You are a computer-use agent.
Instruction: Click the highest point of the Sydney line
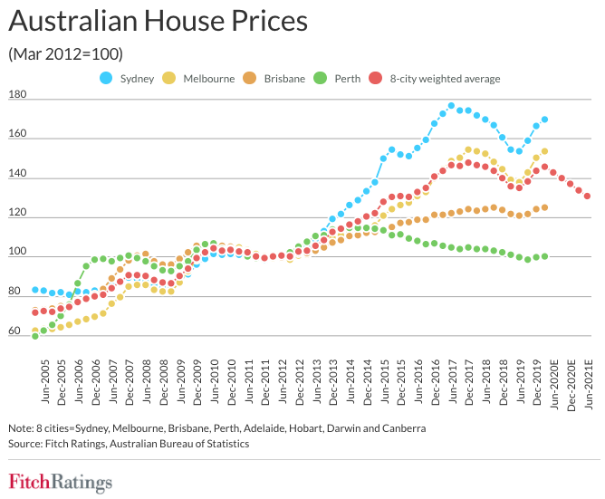click(x=452, y=106)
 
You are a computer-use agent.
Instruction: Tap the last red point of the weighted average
click(x=588, y=196)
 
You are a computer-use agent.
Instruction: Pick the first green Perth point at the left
click(x=35, y=336)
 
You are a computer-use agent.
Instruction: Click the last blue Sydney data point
click(x=544, y=120)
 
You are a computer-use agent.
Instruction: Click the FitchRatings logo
click(x=60, y=482)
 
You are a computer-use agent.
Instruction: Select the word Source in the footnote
click(x=26, y=444)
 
